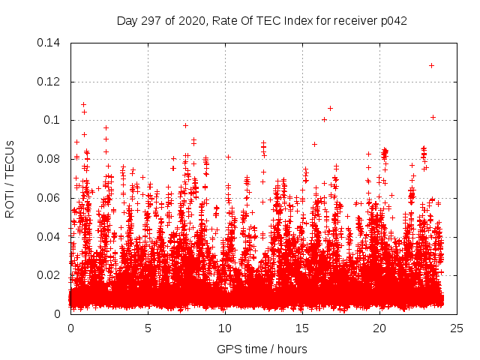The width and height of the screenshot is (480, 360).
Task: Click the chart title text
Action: click(x=262, y=21)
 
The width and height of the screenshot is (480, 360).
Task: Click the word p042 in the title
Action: click(x=392, y=21)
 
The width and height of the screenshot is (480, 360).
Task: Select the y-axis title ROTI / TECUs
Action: click(x=10, y=178)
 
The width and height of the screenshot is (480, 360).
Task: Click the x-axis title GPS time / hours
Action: click(x=262, y=349)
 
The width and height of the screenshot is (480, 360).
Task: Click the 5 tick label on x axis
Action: click(x=148, y=328)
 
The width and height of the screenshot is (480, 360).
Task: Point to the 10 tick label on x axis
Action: click(x=226, y=328)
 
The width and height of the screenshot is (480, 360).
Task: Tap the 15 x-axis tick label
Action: click(x=303, y=328)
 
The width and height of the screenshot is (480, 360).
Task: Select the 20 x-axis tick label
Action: click(x=380, y=328)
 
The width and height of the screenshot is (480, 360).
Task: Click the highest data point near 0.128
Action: click(x=431, y=65)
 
